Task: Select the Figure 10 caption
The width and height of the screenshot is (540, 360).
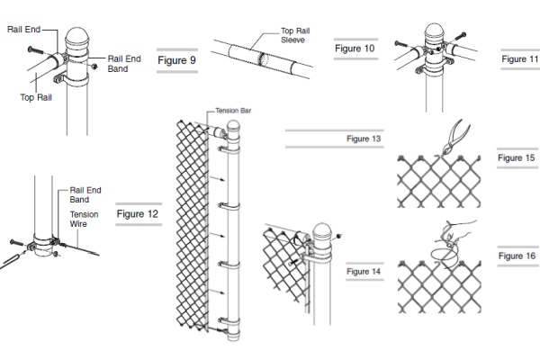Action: tap(354, 45)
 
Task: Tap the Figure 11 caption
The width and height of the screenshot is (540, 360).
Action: tap(519, 58)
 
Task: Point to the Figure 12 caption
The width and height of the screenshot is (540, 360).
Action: tap(137, 215)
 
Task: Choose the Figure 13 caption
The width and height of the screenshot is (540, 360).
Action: tap(364, 139)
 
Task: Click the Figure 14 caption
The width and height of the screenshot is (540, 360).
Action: tap(364, 270)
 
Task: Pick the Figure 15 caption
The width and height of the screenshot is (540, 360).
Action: tap(517, 157)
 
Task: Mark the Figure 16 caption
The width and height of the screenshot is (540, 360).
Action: tap(517, 256)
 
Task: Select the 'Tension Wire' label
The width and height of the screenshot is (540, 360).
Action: tap(85, 220)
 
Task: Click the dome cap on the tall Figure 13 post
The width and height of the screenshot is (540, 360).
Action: tap(235, 129)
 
